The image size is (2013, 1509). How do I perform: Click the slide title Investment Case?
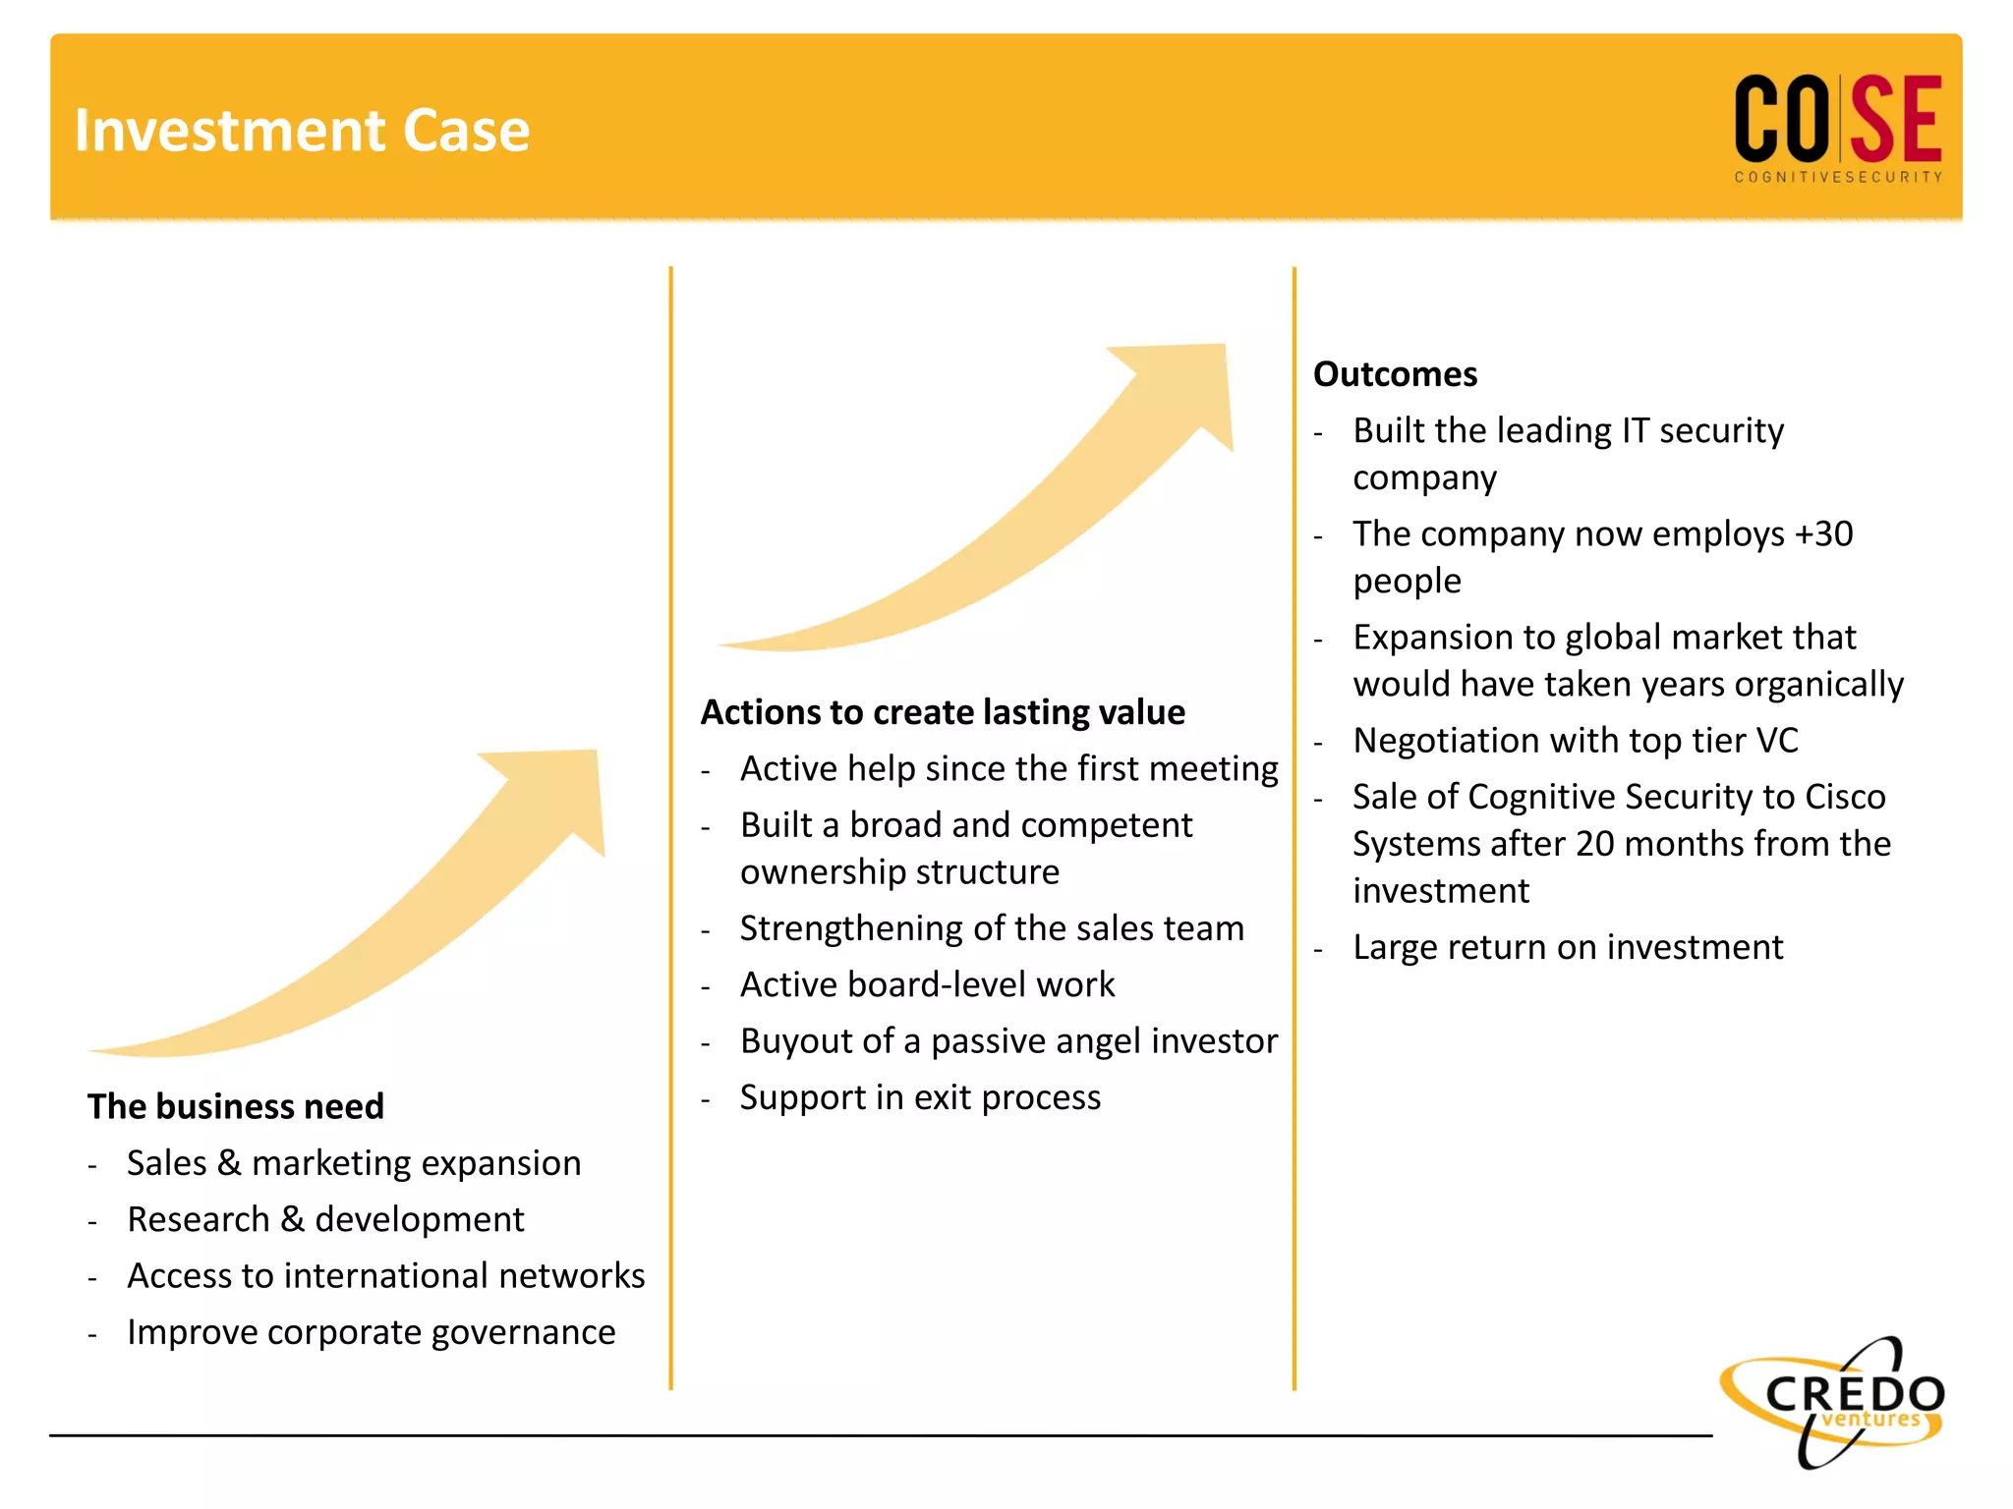(302, 131)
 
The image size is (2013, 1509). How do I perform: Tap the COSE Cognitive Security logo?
(1837, 126)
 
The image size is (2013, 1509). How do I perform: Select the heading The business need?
(235, 1106)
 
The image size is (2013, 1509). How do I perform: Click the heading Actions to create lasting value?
(943, 712)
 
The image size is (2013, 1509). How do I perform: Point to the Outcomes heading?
(1395, 374)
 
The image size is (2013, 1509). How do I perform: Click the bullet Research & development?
(325, 1219)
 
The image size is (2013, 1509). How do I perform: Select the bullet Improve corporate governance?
(371, 1332)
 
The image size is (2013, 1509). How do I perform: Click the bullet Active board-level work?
(927, 984)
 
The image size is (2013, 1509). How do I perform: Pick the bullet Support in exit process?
(920, 1097)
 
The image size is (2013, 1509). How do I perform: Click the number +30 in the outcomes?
(1823, 533)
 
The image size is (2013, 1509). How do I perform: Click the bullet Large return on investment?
(1567, 947)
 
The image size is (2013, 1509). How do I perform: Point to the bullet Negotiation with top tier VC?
(1575, 741)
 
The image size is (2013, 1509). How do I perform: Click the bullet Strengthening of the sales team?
(992, 928)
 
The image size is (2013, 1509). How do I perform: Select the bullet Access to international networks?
(385, 1276)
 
